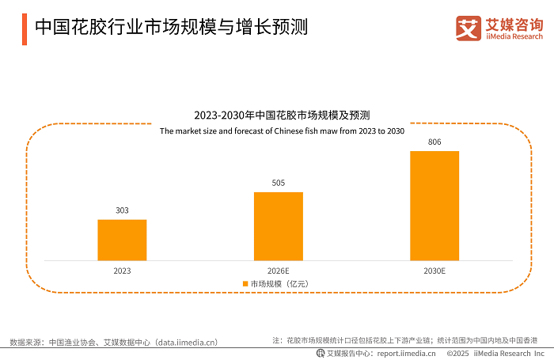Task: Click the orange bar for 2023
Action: click(x=122, y=240)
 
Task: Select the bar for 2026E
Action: click(x=278, y=225)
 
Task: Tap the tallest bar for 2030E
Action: click(x=434, y=205)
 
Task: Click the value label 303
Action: click(x=122, y=210)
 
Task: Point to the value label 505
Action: click(x=278, y=183)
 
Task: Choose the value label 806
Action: click(x=434, y=142)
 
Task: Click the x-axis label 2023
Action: click(x=122, y=271)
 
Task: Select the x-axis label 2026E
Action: click(x=278, y=271)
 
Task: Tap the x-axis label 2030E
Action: click(x=434, y=271)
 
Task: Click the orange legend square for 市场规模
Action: click(x=245, y=283)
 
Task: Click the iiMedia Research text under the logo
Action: click(x=513, y=36)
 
